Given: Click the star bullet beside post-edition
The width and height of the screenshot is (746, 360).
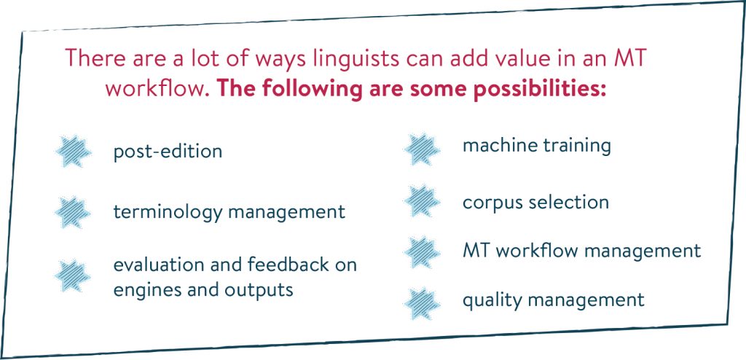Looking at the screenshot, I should [x=73, y=151].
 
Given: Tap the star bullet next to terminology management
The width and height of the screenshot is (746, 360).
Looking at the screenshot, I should [x=73, y=211].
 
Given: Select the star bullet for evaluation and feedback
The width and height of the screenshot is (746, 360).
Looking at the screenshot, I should [x=73, y=275].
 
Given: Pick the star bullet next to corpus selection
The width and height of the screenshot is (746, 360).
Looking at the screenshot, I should [x=422, y=202].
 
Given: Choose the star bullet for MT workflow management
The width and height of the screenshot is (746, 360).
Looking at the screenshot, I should [x=422, y=251].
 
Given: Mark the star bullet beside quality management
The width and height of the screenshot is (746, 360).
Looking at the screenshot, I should [x=422, y=301].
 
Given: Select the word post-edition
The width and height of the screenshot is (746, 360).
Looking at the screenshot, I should [x=168, y=152].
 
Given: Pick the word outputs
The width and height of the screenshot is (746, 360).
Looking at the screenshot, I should [x=259, y=289].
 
